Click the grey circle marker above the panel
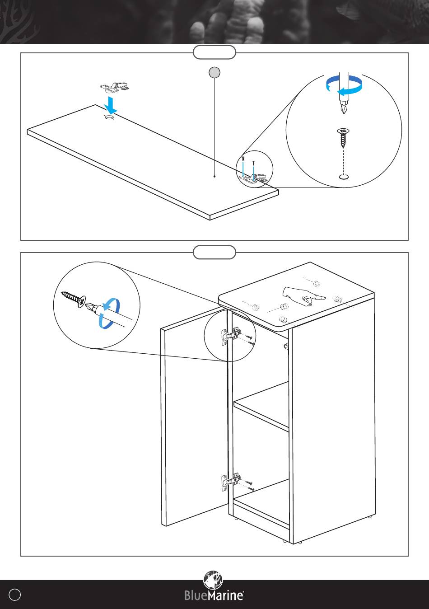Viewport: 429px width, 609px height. click(x=214, y=73)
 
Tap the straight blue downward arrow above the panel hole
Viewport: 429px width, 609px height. click(x=111, y=105)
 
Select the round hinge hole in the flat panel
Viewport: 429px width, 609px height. click(x=109, y=117)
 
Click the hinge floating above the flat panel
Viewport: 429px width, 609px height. click(x=114, y=87)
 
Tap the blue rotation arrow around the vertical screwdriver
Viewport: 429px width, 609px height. click(x=344, y=86)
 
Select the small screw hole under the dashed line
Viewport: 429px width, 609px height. click(x=344, y=177)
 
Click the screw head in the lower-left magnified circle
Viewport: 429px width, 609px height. click(x=81, y=302)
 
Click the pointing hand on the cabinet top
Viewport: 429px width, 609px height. click(x=304, y=296)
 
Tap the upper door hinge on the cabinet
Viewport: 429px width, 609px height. click(x=231, y=336)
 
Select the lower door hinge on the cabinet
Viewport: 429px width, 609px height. click(x=231, y=482)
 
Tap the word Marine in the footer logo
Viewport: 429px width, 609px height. click(x=225, y=595)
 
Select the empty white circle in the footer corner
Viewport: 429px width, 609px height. click(x=14, y=595)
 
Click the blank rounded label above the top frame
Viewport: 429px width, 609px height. click(x=214, y=52)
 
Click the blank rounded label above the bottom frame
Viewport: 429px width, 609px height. click(x=214, y=252)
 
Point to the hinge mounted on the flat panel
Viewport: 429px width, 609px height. click(x=253, y=178)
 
